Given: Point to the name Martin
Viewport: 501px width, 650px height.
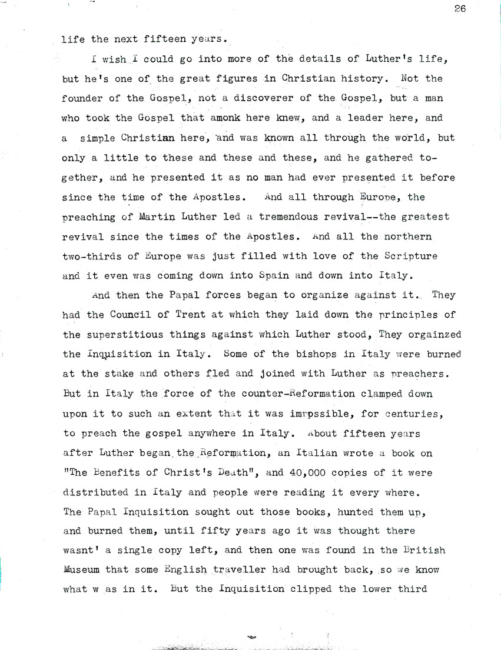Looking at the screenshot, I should (x=159, y=217).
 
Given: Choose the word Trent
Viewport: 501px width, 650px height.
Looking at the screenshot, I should (x=190, y=316).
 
